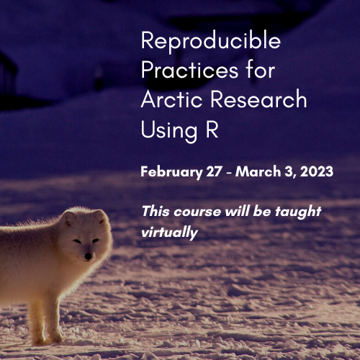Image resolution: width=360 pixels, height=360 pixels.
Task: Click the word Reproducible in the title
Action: coord(210,40)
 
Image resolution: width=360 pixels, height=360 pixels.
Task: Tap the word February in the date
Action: coord(171,173)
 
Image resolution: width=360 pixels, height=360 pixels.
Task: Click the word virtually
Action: coord(169,233)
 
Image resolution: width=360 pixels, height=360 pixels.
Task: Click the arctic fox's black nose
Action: coord(87,256)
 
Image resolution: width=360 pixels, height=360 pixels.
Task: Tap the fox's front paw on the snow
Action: coord(55,337)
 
